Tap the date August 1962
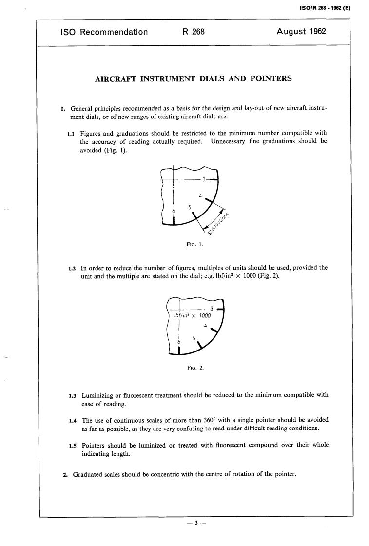coord(301,32)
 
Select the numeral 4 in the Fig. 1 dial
coord(201,196)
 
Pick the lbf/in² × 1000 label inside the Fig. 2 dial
coord(193,315)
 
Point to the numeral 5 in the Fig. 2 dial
coord(194,338)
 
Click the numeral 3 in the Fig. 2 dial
coord(211,308)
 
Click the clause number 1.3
coord(74,395)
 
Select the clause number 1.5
coord(74,446)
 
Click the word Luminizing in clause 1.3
coord(99,395)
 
